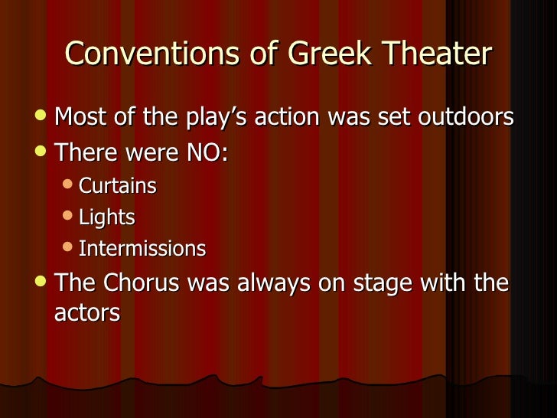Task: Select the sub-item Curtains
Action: (x=118, y=185)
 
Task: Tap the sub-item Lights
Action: (x=107, y=217)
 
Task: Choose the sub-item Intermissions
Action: (x=142, y=249)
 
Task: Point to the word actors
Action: (x=86, y=313)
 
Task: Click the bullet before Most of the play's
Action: (x=43, y=117)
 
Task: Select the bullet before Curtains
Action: (x=69, y=185)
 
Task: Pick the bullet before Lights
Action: (x=69, y=217)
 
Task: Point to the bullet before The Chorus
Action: (x=43, y=282)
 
